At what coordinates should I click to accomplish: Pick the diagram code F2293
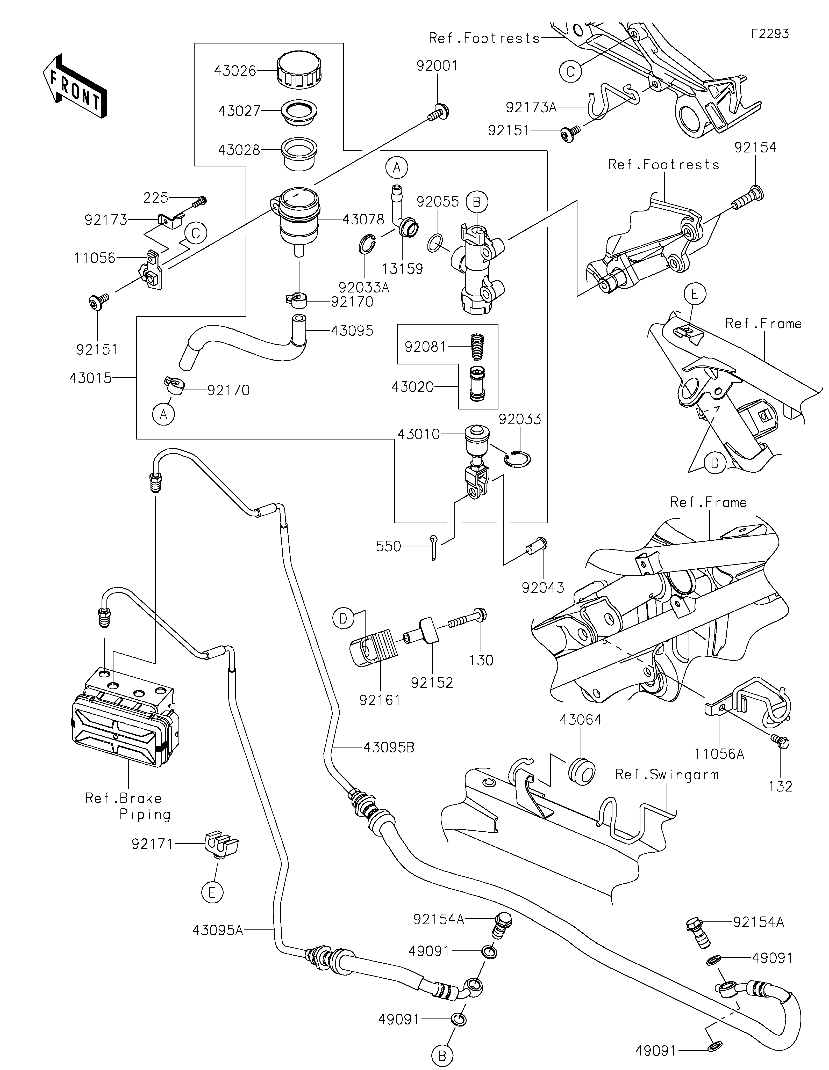tap(770, 34)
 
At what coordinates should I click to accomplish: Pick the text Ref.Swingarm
tap(667, 775)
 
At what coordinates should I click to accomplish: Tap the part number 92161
tap(380, 700)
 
